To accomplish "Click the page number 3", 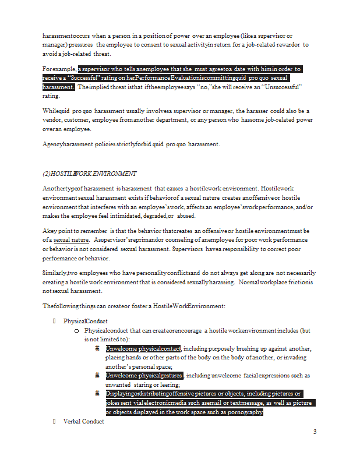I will pyautogui.click(x=315, y=432).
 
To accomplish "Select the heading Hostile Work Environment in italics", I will pyautogui.click(x=90, y=174).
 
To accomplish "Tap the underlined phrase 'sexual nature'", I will pyautogui.click(x=71, y=239).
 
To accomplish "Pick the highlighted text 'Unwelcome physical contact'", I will pyautogui.click(x=143, y=349).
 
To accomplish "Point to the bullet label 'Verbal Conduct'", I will pyautogui.click(x=84, y=421).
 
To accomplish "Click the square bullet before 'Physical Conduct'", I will pyautogui.click(x=54, y=321).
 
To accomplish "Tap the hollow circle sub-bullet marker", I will pyautogui.click(x=77, y=330).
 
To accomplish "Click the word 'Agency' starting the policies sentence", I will pyautogui.click(x=52, y=144).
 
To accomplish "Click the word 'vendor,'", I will pyautogui.click(x=52, y=120).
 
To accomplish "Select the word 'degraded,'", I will pyautogui.click(x=151, y=216).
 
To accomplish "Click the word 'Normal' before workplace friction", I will pyautogui.click(x=256, y=282).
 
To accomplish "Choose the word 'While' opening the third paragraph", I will pyautogui.click(x=52, y=111).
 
